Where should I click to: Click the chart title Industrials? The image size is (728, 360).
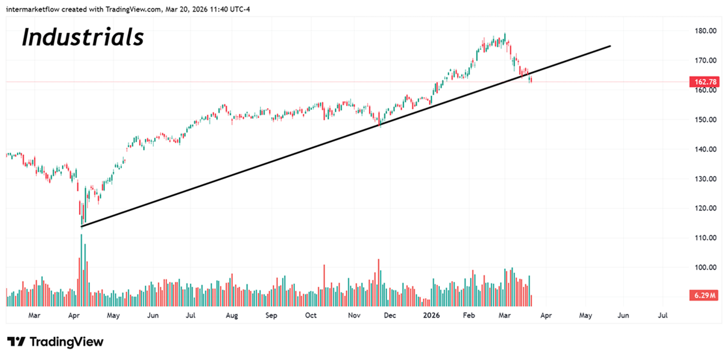[x=83, y=37]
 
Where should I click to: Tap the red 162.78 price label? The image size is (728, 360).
[x=703, y=81]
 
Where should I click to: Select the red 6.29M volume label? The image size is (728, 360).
[x=703, y=296]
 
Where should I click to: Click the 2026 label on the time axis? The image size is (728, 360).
[x=431, y=316]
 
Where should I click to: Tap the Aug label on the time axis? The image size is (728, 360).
[x=231, y=316]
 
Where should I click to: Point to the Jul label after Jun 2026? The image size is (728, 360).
[x=663, y=316]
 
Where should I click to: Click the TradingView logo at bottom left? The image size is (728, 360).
[x=55, y=342]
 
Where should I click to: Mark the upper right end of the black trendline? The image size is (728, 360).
[x=610, y=46]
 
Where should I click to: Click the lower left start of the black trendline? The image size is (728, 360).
[x=82, y=226]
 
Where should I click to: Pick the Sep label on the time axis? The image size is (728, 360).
[x=271, y=316]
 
